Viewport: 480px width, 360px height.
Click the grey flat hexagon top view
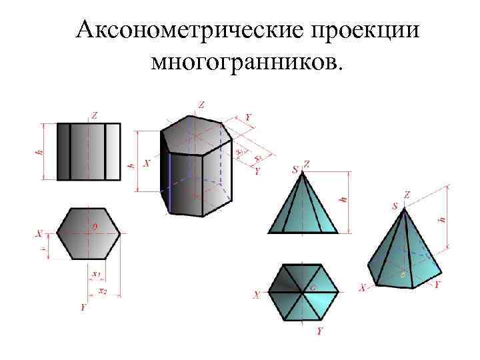click(89, 233)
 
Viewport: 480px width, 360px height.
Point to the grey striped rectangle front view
click(89, 151)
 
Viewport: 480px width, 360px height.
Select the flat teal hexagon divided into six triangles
click(303, 291)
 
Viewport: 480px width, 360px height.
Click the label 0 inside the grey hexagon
click(94, 227)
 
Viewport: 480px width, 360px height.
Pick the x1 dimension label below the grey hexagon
click(96, 274)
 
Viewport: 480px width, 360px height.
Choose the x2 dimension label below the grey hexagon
click(103, 291)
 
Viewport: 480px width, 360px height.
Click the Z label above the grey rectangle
click(95, 115)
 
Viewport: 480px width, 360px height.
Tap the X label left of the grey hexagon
click(40, 234)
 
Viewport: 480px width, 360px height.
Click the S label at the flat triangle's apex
click(295, 169)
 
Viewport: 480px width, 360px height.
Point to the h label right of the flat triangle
click(345, 197)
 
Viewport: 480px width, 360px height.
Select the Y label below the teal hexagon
click(320, 331)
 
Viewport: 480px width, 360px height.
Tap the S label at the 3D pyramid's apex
click(395, 207)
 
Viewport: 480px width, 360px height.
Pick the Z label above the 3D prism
click(201, 104)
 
